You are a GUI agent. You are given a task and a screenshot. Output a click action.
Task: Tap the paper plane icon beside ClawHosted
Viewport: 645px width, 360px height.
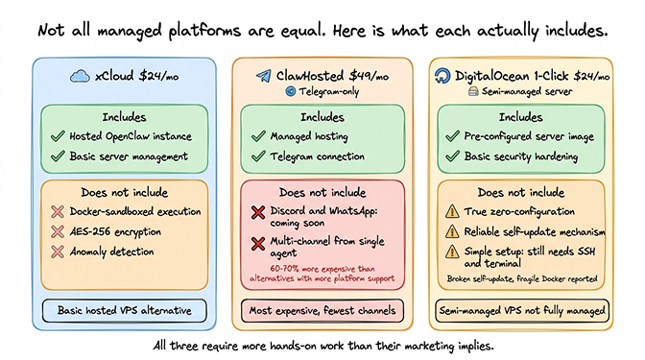(263, 75)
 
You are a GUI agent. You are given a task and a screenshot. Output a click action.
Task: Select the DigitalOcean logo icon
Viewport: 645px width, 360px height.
(443, 76)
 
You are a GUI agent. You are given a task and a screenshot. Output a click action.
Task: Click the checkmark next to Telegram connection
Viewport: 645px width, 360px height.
(257, 156)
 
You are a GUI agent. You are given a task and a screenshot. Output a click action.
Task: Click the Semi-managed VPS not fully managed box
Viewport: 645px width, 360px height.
(524, 310)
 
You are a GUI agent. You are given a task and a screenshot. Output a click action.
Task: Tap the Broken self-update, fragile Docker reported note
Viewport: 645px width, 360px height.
(524, 279)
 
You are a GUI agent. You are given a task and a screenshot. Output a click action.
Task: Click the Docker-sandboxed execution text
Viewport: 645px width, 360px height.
(135, 211)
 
